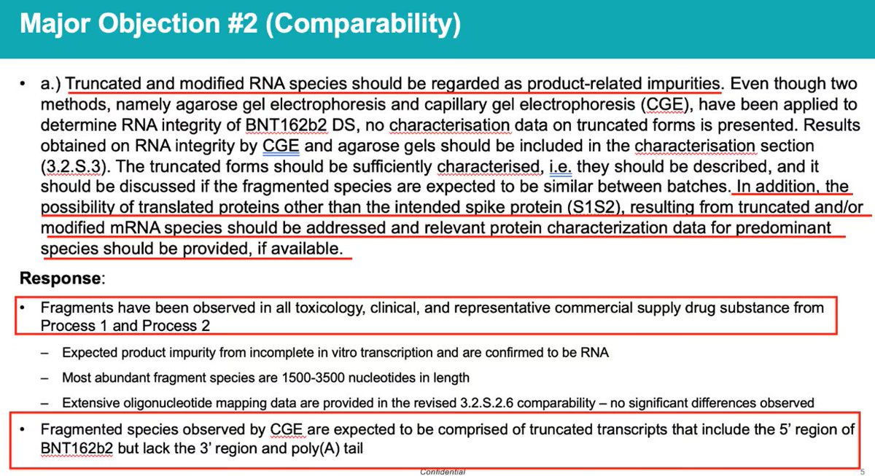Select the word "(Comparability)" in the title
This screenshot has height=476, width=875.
(363, 24)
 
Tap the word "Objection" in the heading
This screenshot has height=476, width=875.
(159, 24)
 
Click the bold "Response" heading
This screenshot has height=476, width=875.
(60, 278)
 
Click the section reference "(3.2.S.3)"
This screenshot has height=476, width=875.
(73, 167)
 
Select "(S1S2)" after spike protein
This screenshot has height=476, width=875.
(594, 207)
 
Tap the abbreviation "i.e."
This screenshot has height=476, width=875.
(560, 167)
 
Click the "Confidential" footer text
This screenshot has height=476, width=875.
(443, 472)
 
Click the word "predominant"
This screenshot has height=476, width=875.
(783, 228)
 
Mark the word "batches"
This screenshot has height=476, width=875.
(696, 187)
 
